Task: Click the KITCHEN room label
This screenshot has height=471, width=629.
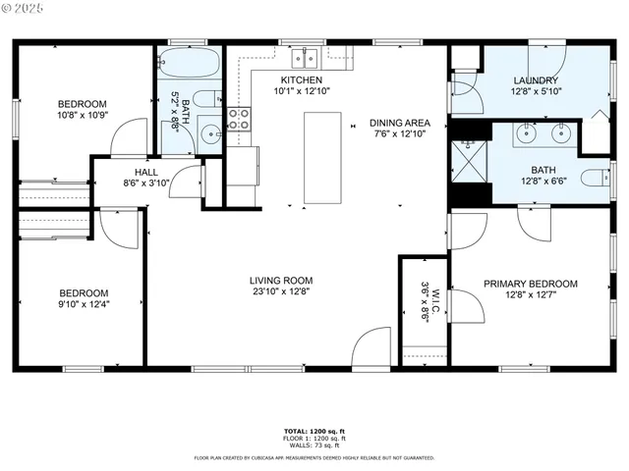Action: point(301,79)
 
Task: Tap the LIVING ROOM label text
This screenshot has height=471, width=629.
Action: point(280,280)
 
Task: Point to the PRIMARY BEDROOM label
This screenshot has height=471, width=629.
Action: point(530,284)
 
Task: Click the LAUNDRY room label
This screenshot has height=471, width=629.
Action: point(536,80)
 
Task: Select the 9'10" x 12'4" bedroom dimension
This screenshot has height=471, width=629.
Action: point(84,305)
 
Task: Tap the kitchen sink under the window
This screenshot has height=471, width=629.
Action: point(314,56)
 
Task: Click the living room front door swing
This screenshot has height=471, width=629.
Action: point(375,348)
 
